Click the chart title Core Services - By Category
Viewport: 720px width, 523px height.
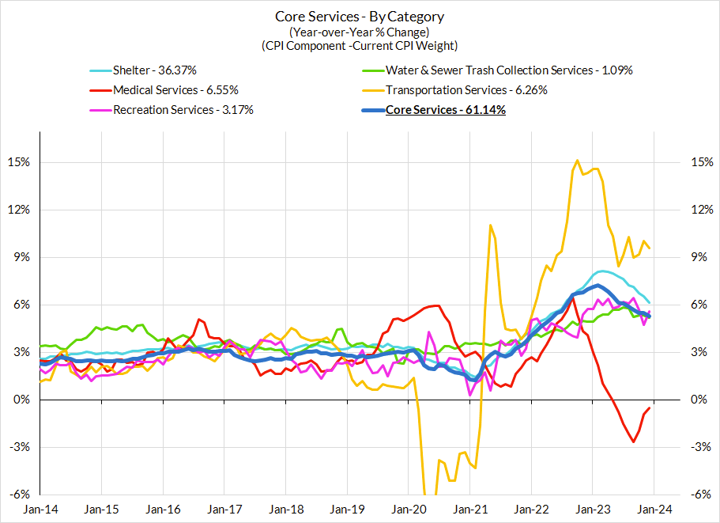(x=360, y=16)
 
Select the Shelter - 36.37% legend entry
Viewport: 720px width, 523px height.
(x=154, y=70)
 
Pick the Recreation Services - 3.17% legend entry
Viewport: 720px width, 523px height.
(x=183, y=110)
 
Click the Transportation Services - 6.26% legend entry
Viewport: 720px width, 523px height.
(x=466, y=90)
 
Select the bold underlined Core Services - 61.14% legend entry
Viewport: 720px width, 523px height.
(x=445, y=110)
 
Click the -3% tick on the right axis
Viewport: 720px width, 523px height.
(x=701, y=447)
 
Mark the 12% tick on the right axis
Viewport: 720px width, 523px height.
(x=700, y=210)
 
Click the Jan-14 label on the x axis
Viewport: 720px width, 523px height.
(x=40, y=510)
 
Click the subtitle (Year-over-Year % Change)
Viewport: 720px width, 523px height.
(x=360, y=32)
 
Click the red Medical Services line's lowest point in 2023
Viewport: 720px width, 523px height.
(x=633, y=442)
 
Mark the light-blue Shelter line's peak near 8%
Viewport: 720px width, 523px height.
(x=602, y=271)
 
